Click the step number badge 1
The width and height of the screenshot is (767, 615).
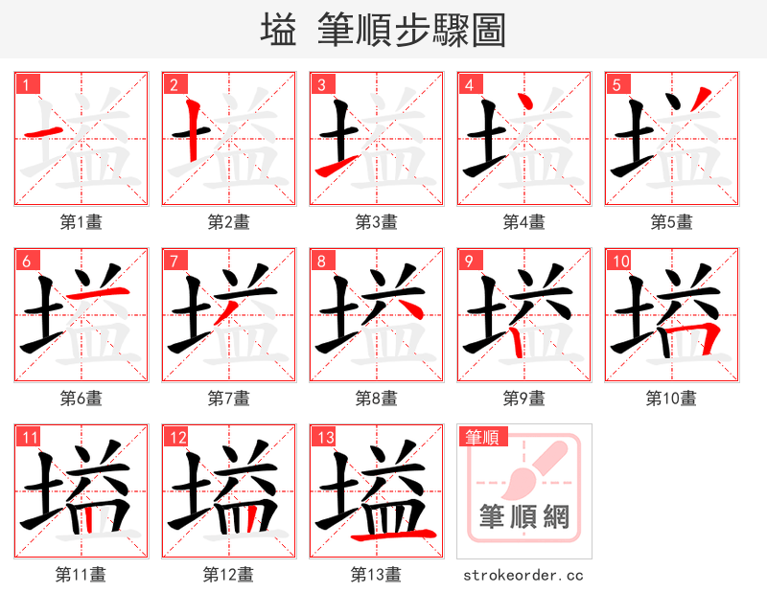(x=26, y=84)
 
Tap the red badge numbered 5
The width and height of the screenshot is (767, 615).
(x=616, y=84)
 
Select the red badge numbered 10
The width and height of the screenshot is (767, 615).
(x=619, y=261)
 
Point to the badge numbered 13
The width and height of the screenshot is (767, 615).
(x=324, y=437)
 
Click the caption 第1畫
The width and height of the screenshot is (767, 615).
(x=81, y=222)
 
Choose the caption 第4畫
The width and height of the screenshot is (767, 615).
(x=524, y=222)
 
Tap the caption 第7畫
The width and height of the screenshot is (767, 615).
(x=229, y=399)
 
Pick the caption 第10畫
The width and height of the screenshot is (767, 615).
(x=672, y=399)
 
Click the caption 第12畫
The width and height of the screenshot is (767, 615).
(x=229, y=575)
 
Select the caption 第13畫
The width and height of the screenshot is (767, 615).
(x=377, y=575)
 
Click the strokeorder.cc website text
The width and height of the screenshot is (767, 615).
(x=523, y=576)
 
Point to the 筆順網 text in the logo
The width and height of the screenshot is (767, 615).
(x=524, y=518)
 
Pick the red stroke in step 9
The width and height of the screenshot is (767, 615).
(x=518, y=340)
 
